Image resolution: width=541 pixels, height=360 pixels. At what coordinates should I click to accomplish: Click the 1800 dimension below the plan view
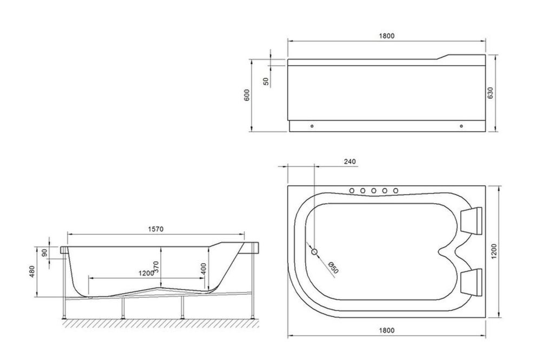386,330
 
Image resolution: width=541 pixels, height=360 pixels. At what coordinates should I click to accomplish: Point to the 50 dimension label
266,81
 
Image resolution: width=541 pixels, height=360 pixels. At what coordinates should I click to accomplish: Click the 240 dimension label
349,161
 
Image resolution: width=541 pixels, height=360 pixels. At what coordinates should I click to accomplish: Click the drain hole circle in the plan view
315,251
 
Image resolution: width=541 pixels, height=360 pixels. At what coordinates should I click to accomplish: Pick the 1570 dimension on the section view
155,229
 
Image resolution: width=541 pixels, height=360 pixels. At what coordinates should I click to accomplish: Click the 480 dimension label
32,270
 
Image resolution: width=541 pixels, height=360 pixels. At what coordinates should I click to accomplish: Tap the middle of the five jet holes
374,190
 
